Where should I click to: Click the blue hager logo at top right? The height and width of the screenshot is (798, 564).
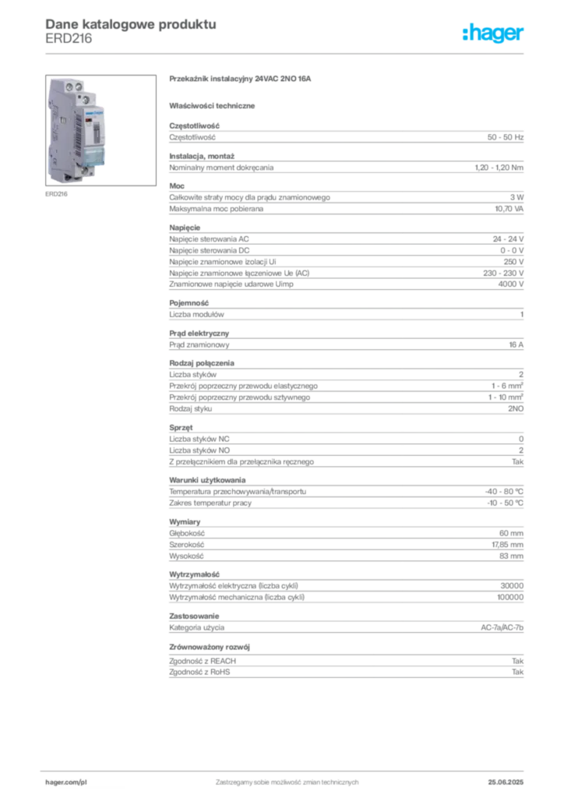[494, 34]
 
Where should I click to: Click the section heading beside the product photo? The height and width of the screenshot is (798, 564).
[241, 80]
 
